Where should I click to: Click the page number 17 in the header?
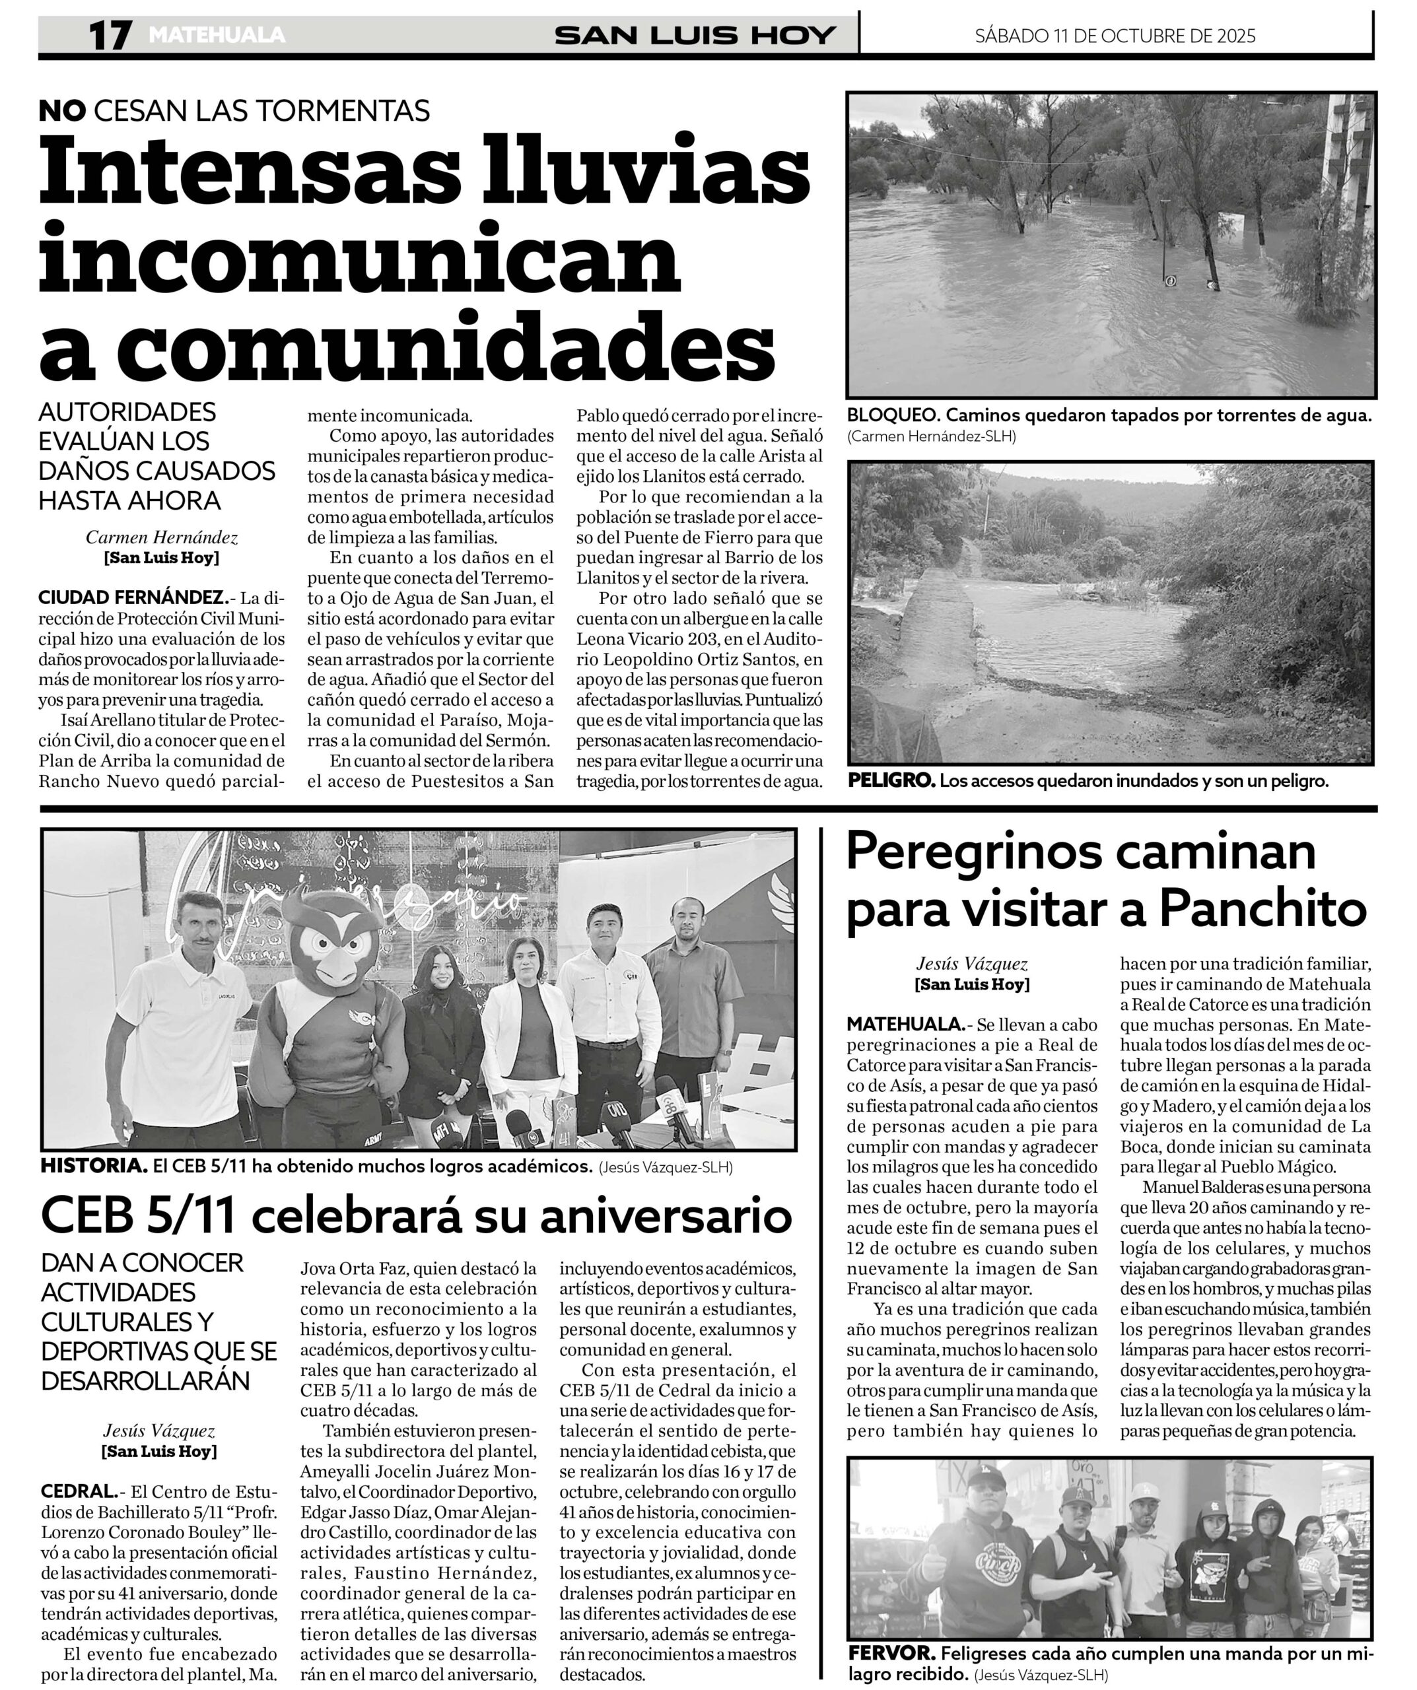pyautogui.click(x=110, y=36)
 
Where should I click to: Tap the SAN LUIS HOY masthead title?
pyautogui.click(x=695, y=36)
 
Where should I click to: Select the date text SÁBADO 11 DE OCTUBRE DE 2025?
pyautogui.click(x=1115, y=36)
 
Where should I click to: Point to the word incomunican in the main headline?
pyautogui.click(x=360, y=259)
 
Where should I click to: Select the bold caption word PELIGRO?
pyautogui.click(x=891, y=780)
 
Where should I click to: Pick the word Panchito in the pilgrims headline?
pyautogui.click(x=1262, y=910)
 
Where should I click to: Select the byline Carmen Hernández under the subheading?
pyautogui.click(x=162, y=537)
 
